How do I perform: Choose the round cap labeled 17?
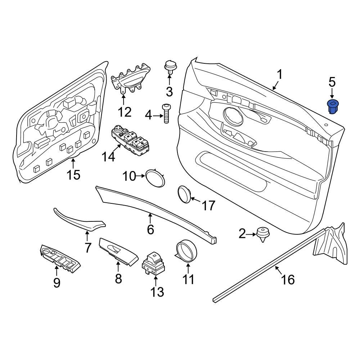(x=185, y=195)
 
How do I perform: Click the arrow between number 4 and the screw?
(x=158, y=116)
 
